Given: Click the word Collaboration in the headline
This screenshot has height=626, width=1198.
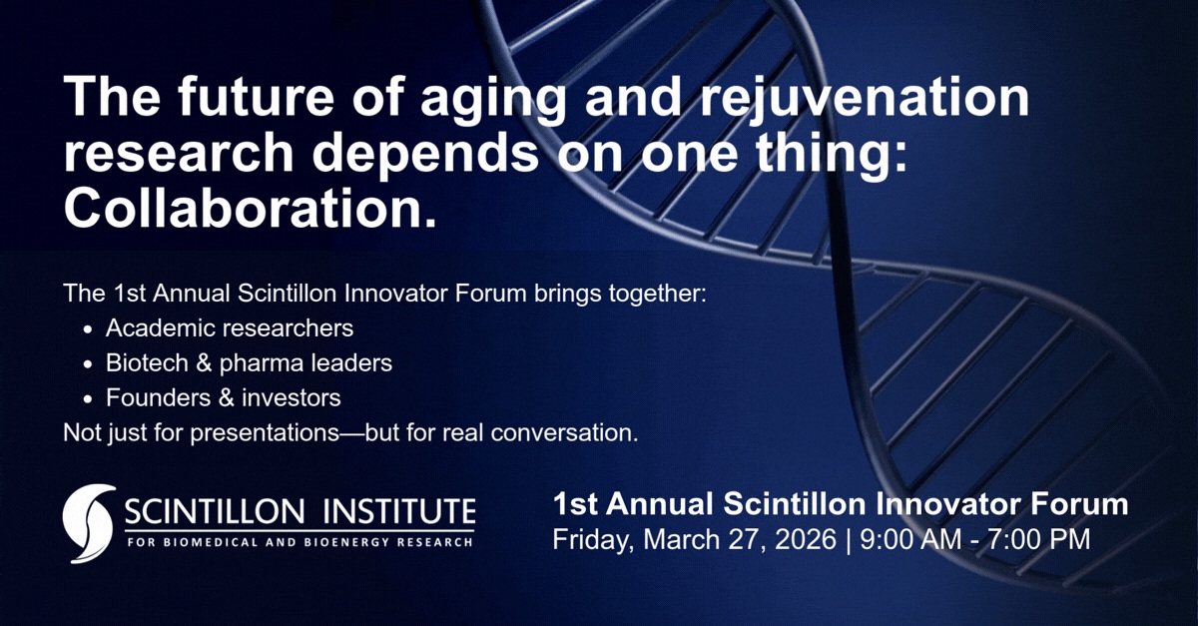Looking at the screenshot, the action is tap(250, 211).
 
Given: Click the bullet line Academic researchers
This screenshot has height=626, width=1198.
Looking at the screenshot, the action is tap(230, 327).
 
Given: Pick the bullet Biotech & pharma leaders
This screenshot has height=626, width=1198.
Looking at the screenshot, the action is tap(249, 362).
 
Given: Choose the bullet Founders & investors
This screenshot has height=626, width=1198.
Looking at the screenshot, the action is tap(224, 397).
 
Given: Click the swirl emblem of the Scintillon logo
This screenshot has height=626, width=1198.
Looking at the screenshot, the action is tap(88, 522).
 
